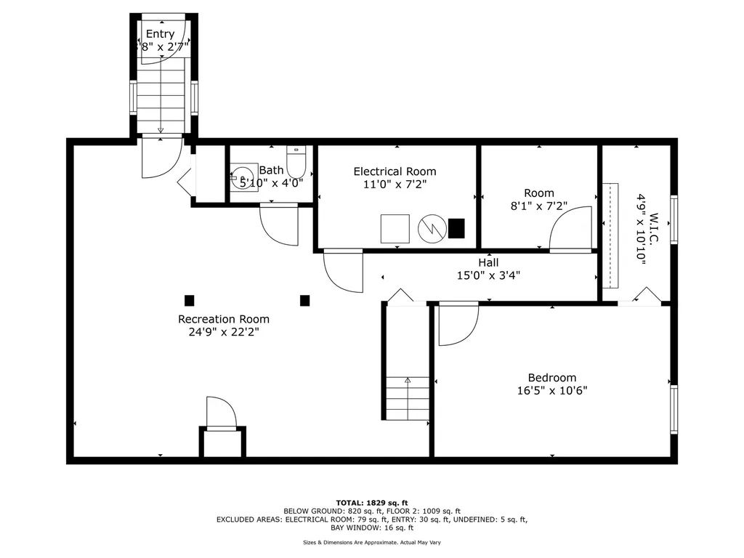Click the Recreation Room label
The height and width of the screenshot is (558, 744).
tap(224, 319)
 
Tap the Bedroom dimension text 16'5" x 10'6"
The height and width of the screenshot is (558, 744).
tap(552, 390)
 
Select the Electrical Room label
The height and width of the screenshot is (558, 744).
tap(395, 171)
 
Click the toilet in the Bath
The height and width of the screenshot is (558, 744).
tap(298, 158)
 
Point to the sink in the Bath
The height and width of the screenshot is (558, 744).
tap(243, 176)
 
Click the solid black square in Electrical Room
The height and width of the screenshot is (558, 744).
tap(456, 228)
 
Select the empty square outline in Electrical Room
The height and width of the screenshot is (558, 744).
tap(396, 228)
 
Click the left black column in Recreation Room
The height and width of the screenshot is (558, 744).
tap(189, 299)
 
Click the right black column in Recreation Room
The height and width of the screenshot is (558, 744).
tap(304, 299)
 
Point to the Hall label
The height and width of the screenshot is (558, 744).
tap(488, 262)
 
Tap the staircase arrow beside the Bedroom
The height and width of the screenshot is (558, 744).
tap(408, 380)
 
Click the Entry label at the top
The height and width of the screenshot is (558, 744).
tap(160, 34)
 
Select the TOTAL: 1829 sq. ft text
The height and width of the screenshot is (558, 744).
tap(371, 503)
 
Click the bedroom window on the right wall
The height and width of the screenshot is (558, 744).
tap(674, 409)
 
